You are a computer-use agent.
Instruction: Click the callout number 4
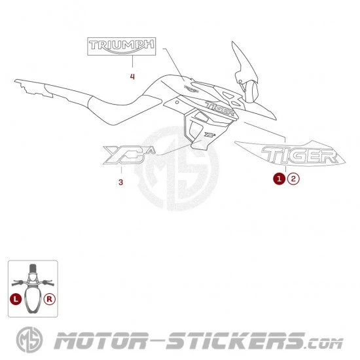coord(132,77)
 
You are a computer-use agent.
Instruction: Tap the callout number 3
coord(121,183)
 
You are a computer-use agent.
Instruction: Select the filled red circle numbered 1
coord(279,179)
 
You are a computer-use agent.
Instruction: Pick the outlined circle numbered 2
coord(293,179)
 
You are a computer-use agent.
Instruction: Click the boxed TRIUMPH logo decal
coord(122,46)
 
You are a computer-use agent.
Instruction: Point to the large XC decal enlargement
coord(129,155)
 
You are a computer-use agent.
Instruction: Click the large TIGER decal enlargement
coord(290,153)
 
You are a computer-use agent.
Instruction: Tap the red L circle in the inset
coord(16,299)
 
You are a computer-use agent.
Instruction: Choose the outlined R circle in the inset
coord(49,299)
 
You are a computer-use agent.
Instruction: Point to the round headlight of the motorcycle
coord(252,92)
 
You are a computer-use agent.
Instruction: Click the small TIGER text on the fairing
coord(220,108)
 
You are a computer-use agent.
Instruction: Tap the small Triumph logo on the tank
coord(192,88)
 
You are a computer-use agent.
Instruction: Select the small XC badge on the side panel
coord(210,134)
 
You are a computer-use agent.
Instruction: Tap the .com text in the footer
coord(324,344)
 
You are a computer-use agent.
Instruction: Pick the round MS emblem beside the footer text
coord(29,340)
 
